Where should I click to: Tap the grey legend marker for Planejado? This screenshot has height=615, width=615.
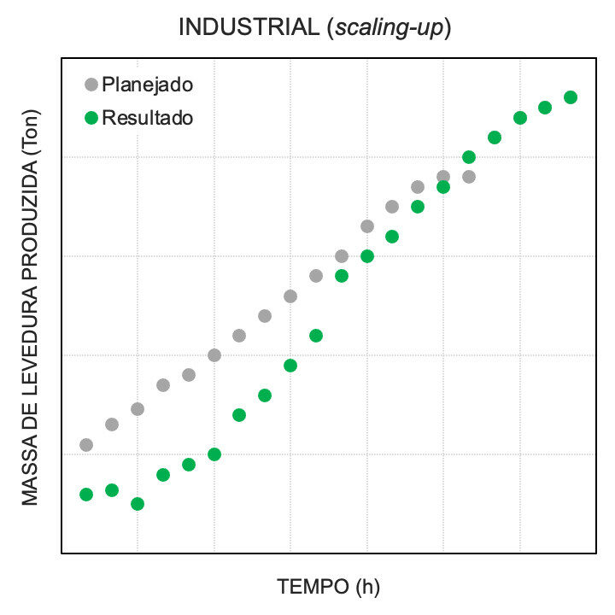91,85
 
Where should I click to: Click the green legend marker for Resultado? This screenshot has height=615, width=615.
91,118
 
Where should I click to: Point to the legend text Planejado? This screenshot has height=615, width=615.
147,85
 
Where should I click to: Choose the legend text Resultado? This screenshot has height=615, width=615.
148,118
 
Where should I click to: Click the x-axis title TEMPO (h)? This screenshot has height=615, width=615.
328,587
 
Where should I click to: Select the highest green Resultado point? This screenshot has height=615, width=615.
571,97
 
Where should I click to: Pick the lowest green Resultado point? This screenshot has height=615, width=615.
138,504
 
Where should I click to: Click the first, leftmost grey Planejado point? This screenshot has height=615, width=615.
86,445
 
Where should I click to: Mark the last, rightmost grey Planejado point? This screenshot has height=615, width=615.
468,177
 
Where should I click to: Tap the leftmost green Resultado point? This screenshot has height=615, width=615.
86,495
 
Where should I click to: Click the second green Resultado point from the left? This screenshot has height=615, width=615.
112,490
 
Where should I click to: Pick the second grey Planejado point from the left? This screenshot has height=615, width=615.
112,425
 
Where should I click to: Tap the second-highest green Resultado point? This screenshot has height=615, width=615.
545,108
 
